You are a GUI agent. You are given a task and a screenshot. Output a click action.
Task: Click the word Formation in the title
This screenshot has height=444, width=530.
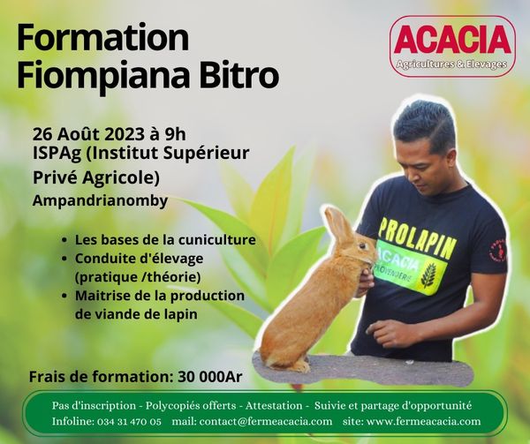[102, 37]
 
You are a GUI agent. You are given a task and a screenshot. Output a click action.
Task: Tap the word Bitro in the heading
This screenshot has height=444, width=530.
[239, 75]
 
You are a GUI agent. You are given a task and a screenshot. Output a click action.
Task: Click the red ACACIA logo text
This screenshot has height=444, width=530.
[452, 40]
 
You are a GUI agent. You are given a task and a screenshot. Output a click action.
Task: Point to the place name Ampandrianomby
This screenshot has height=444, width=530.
[100, 200]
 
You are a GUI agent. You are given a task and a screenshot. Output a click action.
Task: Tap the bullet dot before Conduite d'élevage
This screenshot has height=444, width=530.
[64, 259]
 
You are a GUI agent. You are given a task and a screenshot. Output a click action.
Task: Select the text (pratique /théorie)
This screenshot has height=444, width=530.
[138, 277]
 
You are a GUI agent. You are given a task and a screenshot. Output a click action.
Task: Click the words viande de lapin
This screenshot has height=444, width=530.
[136, 314]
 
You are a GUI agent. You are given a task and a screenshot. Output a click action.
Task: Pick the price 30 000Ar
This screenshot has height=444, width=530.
[210, 376]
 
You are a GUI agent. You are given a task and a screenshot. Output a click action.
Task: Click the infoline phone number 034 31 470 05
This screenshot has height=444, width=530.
[129, 421]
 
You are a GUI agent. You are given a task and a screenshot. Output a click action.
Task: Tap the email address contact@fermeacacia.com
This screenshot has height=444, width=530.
[266, 421]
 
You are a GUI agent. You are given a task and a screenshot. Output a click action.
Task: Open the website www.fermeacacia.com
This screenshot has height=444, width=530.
[423, 421]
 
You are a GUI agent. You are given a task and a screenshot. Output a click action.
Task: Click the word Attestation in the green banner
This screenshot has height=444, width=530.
[274, 405]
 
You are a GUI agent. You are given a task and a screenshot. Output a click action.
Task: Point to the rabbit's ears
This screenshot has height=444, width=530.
[338, 223]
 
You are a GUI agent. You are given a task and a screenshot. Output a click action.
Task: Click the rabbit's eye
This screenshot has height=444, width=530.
[362, 246]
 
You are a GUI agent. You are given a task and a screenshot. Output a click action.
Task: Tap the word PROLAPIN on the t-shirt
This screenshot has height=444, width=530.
[417, 237]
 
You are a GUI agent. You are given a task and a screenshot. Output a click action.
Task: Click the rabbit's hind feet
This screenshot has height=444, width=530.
[293, 365]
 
